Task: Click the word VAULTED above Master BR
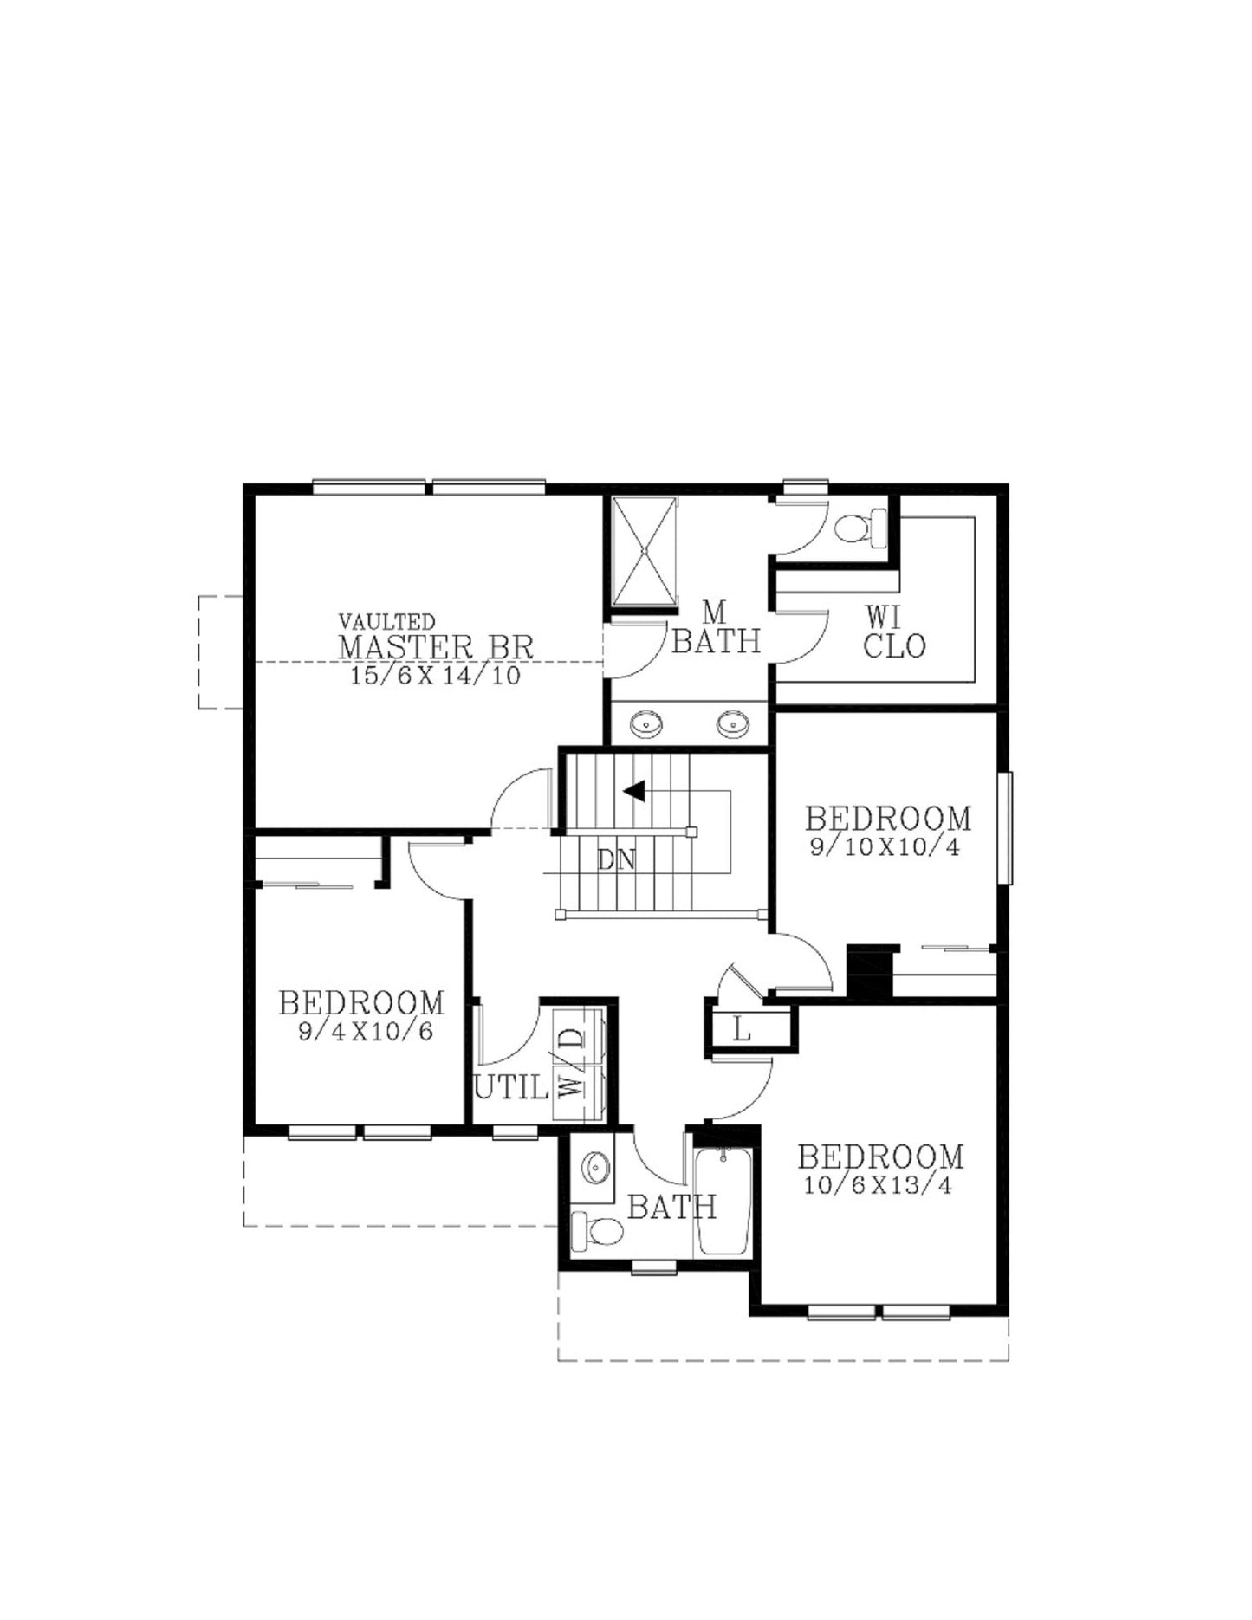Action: tap(386, 622)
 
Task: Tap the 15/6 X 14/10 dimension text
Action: tap(436, 677)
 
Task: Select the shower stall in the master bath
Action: tap(644, 551)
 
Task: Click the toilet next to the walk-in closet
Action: tap(860, 527)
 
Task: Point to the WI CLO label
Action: tap(894, 632)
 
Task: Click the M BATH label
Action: tap(716, 629)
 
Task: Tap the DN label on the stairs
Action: tap(616, 860)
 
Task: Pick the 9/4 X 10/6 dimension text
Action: tap(365, 1033)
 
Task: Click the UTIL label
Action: tap(511, 1087)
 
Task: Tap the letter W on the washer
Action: tap(570, 1086)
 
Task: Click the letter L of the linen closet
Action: tap(742, 1031)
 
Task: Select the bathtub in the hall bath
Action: tap(723, 1202)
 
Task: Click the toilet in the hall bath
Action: tap(598, 1230)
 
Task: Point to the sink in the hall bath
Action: tap(595, 1168)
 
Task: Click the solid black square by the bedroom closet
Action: tap(869, 970)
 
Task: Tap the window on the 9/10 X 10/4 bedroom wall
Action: tap(1005, 828)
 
